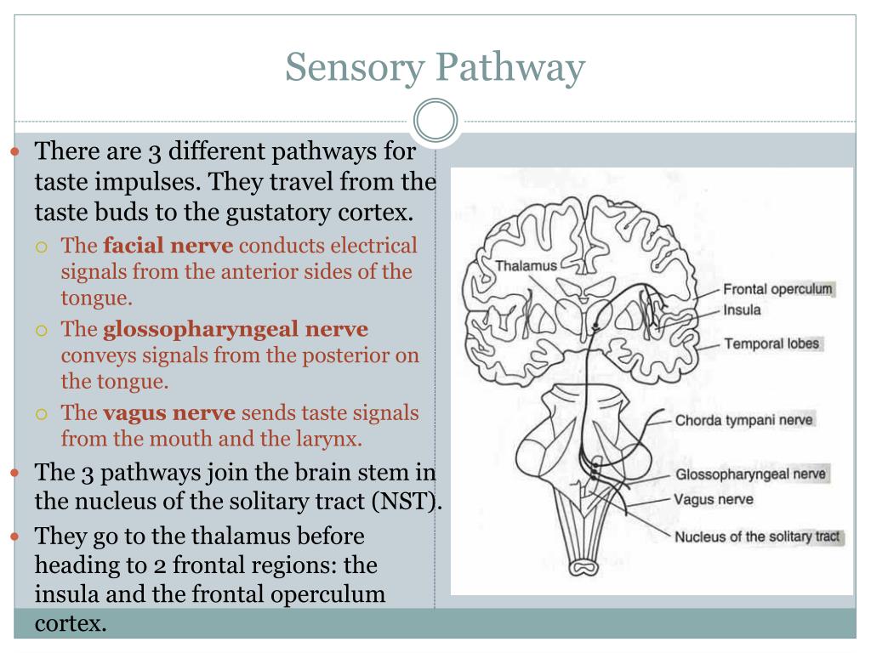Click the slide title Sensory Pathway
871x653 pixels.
[435, 67]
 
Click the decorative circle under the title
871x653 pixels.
[435, 121]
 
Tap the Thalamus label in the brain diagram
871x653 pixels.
[527, 265]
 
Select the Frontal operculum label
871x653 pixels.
[777, 289]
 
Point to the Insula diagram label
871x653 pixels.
[742, 310]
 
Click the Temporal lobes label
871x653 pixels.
[771, 344]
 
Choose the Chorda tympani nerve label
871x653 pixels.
[744, 419]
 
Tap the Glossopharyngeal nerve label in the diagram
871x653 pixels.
[750, 474]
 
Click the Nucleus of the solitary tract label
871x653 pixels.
[757, 537]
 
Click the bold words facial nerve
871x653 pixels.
[168, 246]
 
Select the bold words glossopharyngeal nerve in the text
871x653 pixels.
[236, 329]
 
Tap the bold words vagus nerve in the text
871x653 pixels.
[169, 413]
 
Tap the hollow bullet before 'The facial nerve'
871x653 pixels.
[42, 247]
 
